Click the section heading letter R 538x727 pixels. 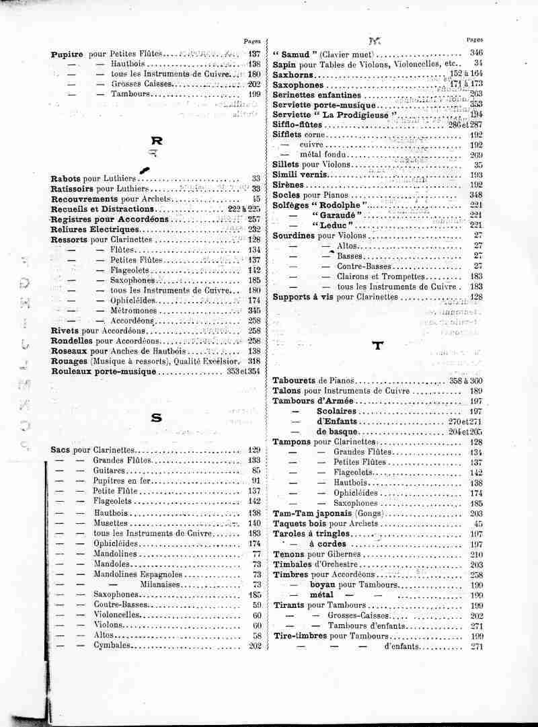click(x=157, y=142)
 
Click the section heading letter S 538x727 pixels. click(x=157, y=418)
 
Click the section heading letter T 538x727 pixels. click(x=377, y=346)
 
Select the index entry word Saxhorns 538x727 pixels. click(x=294, y=75)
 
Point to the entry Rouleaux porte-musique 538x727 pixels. click(x=98, y=371)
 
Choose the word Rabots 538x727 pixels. click(x=66, y=178)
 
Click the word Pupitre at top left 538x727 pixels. click(x=67, y=53)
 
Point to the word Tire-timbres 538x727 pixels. click(x=301, y=636)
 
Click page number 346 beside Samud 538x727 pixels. click(x=477, y=53)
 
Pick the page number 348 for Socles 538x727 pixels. click(x=477, y=194)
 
